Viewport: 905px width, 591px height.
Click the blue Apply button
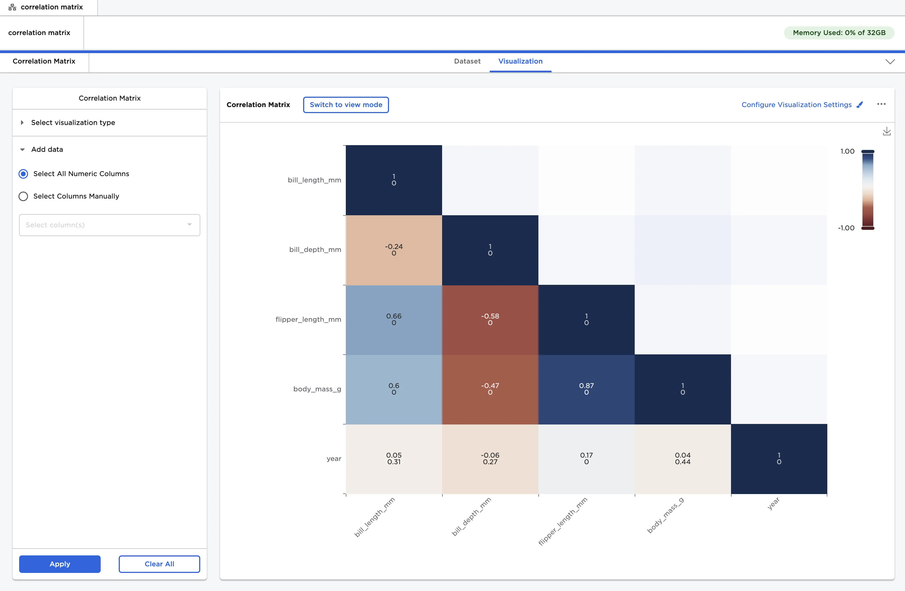pyautogui.click(x=60, y=564)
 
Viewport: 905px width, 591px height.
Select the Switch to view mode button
pyautogui.click(x=345, y=105)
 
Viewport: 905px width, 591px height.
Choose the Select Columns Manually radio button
pyautogui.click(x=23, y=196)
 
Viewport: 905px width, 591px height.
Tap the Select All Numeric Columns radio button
pyautogui.click(x=23, y=174)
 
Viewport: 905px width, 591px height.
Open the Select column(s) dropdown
pyautogui.click(x=109, y=225)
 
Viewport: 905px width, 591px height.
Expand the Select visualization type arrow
pyautogui.click(x=22, y=122)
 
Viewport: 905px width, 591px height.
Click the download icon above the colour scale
pyautogui.click(x=886, y=131)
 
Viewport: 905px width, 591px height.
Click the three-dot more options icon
pyautogui.click(x=881, y=104)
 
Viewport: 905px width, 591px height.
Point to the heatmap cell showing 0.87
pyautogui.click(x=586, y=389)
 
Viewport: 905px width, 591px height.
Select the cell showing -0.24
pyautogui.click(x=394, y=250)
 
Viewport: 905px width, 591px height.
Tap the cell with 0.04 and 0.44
pyautogui.click(x=682, y=458)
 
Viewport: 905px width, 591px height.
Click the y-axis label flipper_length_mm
pyautogui.click(x=308, y=319)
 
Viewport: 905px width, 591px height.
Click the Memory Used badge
pyautogui.click(x=839, y=33)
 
